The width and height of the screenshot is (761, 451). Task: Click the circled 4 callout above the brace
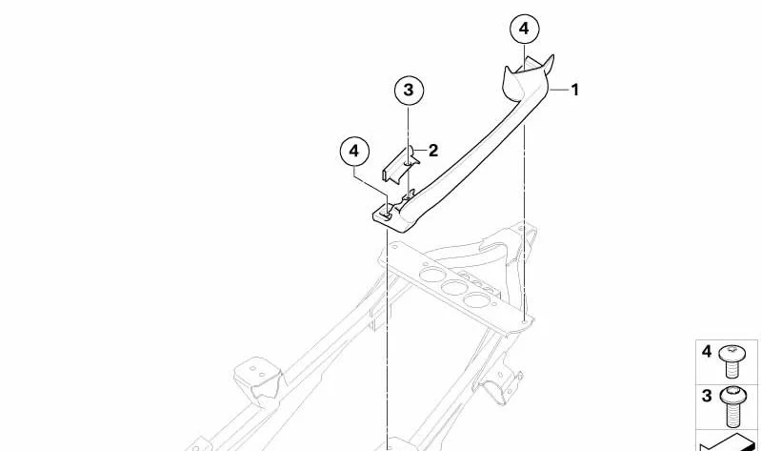(524, 30)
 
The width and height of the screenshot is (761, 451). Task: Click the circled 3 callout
(409, 90)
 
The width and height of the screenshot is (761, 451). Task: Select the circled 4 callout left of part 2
(354, 152)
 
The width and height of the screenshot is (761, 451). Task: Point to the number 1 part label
(575, 90)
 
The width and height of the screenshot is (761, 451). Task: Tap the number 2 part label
(433, 151)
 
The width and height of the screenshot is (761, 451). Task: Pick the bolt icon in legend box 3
(732, 406)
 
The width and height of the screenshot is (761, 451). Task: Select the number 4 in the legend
(707, 352)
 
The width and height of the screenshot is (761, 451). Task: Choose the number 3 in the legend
(707, 396)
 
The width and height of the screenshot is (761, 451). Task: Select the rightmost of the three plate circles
(474, 299)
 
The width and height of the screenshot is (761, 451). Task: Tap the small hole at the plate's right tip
(525, 320)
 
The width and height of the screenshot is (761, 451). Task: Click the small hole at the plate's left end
(394, 247)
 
